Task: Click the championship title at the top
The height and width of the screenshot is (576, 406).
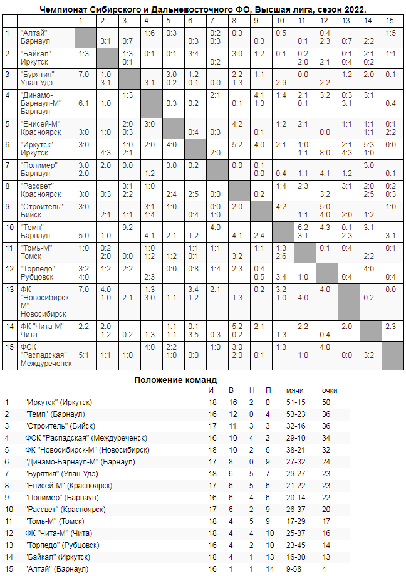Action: point(203,10)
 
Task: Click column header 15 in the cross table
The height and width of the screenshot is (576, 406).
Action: point(390,21)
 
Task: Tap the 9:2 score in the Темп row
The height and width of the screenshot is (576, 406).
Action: point(128,227)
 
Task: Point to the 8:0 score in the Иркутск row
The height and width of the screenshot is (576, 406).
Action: point(325,152)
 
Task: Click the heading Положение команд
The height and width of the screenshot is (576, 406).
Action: point(175,380)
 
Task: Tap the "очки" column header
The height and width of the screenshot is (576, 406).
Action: point(330,390)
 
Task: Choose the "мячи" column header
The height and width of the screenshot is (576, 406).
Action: point(295,390)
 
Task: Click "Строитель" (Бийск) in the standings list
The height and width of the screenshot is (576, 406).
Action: point(60,426)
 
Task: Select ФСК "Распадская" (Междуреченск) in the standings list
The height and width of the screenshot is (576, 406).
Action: point(86,437)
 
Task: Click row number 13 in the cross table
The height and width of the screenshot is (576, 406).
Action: point(8,289)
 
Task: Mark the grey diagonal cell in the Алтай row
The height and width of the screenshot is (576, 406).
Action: point(85,38)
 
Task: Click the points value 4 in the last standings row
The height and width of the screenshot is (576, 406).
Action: point(324,568)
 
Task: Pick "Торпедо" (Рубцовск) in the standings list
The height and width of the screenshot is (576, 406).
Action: point(61,545)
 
